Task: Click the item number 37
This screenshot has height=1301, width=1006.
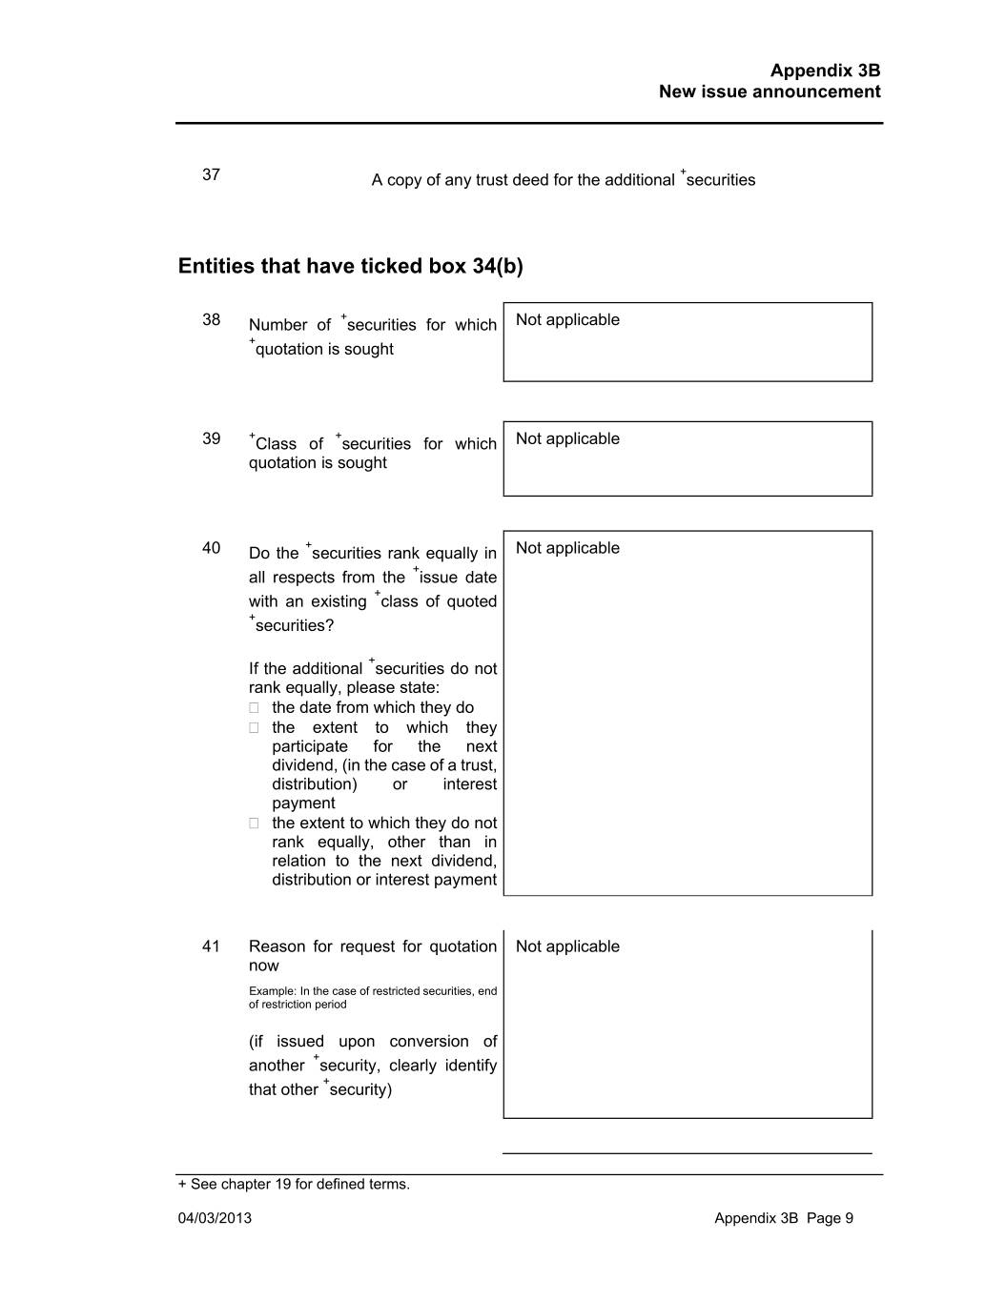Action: [211, 174]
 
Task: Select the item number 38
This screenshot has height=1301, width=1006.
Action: [211, 319]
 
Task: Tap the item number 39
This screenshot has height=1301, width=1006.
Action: [211, 438]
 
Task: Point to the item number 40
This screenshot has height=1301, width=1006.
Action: [211, 548]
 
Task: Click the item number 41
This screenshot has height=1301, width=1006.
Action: [211, 946]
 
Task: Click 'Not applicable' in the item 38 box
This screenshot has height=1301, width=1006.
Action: [567, 320]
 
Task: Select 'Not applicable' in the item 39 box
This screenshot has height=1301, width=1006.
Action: [567, 439]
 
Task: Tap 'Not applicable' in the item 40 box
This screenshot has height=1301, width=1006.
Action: [567, 548]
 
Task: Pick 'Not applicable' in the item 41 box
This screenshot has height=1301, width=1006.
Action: [567, 946]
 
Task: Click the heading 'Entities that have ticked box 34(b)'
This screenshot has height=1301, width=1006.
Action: [350, 266]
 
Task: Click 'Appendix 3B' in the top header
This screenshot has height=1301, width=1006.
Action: [825, 71]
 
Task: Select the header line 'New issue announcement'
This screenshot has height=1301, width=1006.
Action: [769, 92]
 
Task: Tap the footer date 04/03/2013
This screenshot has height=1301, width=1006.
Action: [215, 1218]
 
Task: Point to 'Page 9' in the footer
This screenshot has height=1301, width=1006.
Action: [830, 1218]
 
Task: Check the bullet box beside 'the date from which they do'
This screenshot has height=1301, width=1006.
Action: [254, 708]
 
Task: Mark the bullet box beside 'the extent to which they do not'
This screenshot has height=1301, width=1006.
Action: [254, 823]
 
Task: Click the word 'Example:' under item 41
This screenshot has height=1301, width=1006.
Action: [273, 991]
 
